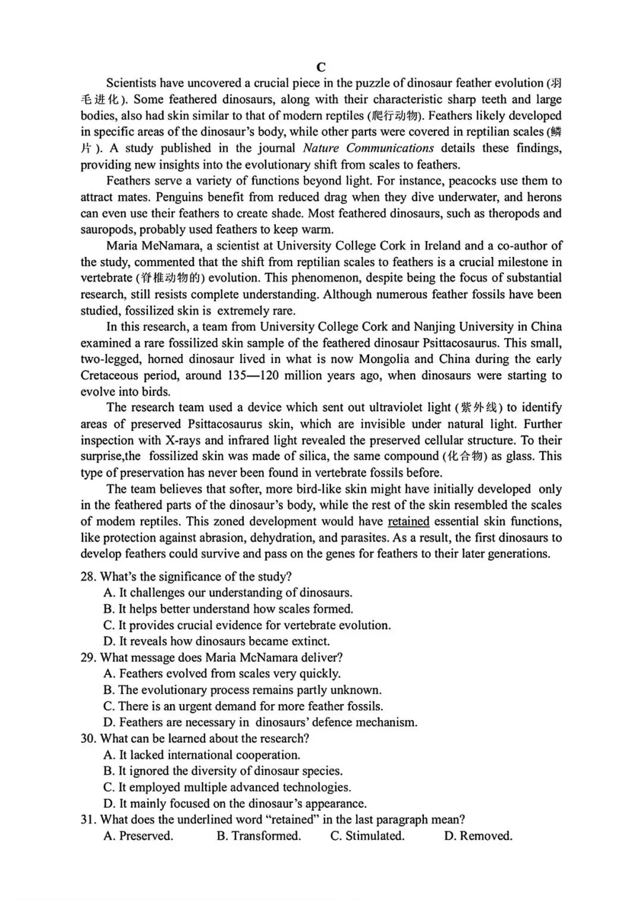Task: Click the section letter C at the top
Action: click(x=321, y=67)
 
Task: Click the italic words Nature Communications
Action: click(x=369, y=148)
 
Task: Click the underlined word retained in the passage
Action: click(x=408, y=522)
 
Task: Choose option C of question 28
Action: click(x=247, y=625)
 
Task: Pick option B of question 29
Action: click(x=242, y=690)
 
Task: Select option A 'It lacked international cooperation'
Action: click(x=202, y=755)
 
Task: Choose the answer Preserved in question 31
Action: click(x=139, y=836)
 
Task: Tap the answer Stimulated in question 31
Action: click(x=367, y=836)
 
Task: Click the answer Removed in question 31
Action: click(x=478, y=836)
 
